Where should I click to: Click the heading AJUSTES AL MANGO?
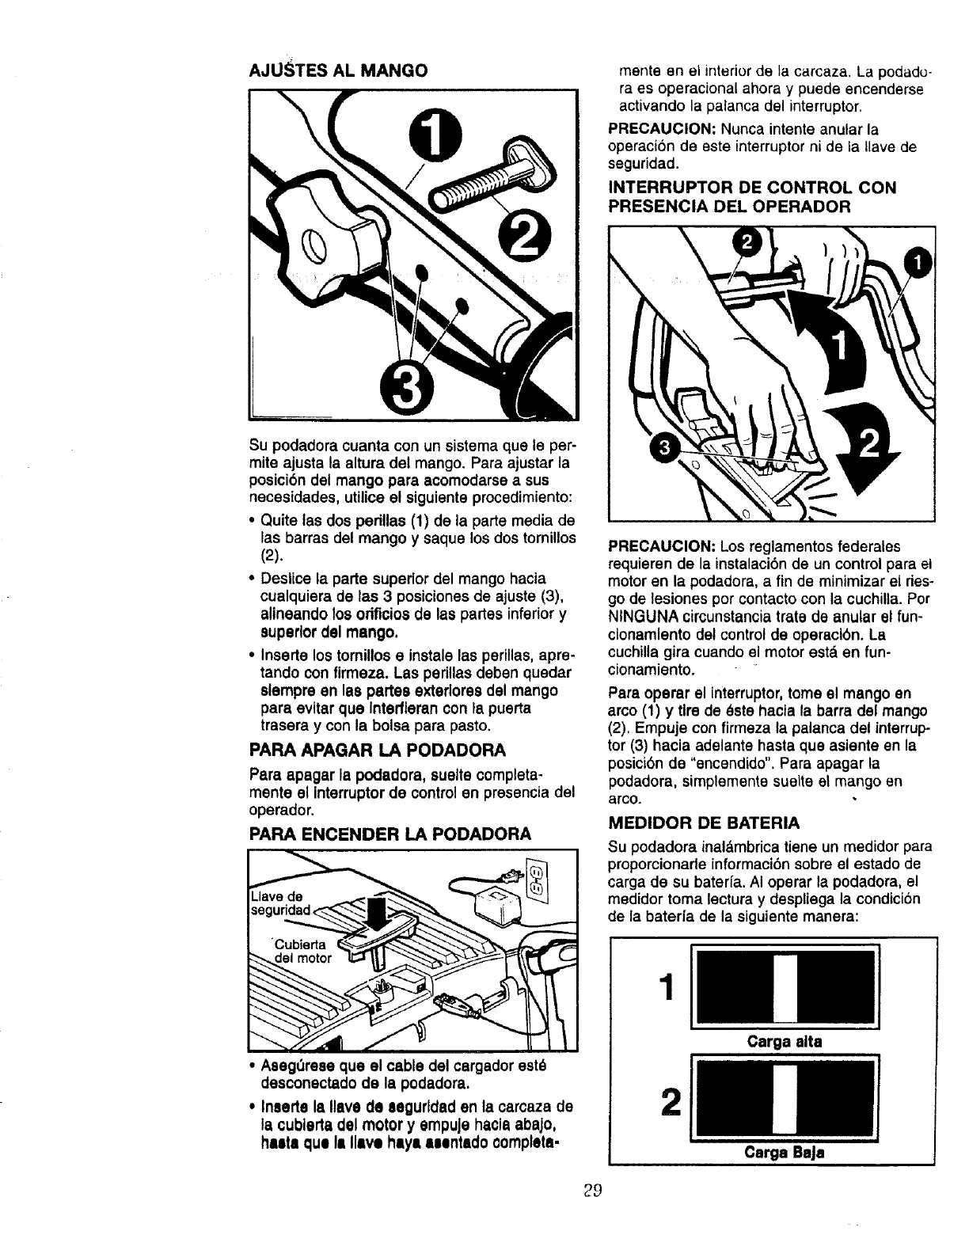pos(338,70)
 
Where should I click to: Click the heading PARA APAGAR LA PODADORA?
pos(377,749)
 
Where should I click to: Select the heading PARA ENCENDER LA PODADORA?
pos(389,834)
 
